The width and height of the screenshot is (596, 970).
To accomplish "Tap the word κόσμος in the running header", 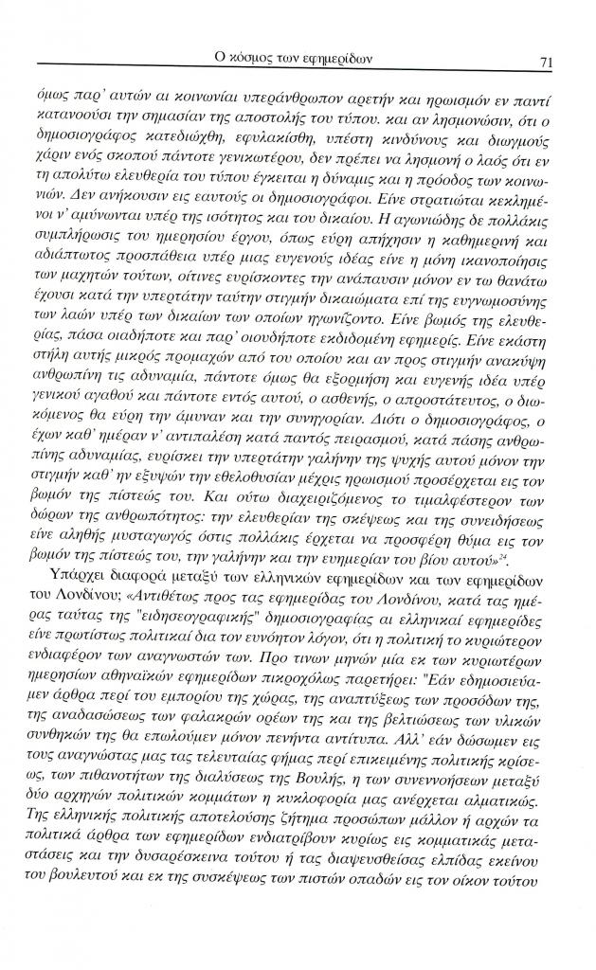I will click(255, 60).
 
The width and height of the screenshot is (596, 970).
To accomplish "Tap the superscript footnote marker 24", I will click(464, 640).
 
